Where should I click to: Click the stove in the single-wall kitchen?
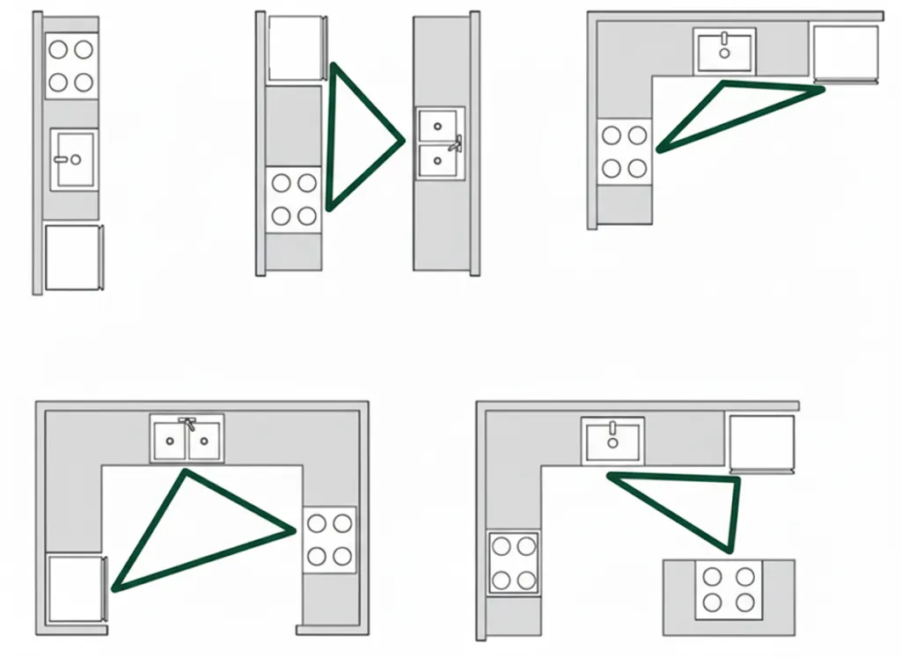coord(71,66)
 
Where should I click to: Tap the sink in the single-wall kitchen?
coord(73,159)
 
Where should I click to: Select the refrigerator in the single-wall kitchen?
coord(74,257)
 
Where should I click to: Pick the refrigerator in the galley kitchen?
coord(296,47)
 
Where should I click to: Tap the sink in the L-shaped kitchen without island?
coord(724,51)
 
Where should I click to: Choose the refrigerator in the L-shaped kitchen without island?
coord(846,53)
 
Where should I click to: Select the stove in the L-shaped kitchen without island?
coord(626,150)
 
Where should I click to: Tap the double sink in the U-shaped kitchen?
coord(187,439)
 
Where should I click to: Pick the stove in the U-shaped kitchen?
coord(330,540)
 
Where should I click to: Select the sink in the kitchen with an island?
coord(612,441)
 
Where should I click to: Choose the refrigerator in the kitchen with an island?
coord(762,442)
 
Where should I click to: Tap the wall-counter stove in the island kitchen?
coord(514,562)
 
